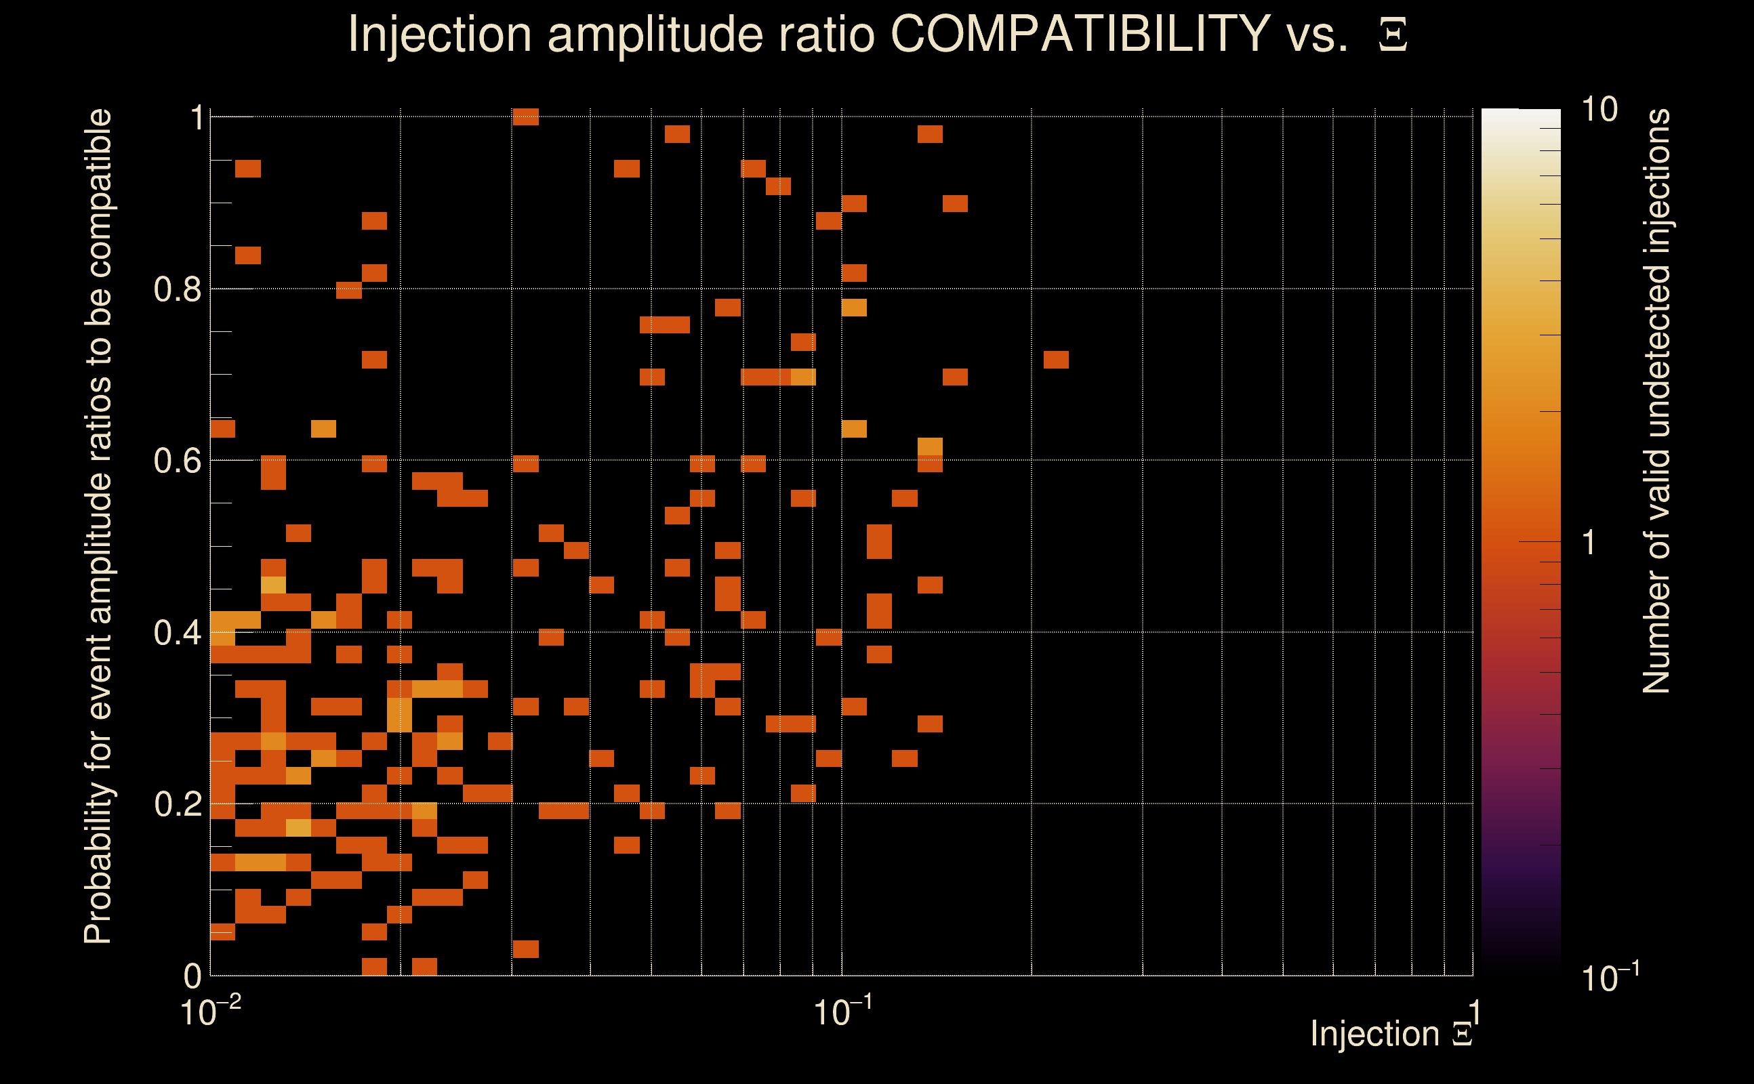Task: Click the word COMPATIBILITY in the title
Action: point(1080,34)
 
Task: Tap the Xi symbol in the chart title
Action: point(1393,35)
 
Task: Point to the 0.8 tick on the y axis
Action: point(178,290)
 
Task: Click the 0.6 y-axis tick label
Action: point(178,461)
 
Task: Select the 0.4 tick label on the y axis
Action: point(178,633)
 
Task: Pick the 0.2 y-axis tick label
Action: point(178,804)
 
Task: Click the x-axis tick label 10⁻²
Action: point(210,1012)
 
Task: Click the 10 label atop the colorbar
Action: point(1599,110)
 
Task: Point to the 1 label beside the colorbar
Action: point(1589,543)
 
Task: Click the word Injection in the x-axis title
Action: point(1374,1034)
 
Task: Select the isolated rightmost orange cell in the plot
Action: point(1055,359)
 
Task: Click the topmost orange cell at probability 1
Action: point(526,117)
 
